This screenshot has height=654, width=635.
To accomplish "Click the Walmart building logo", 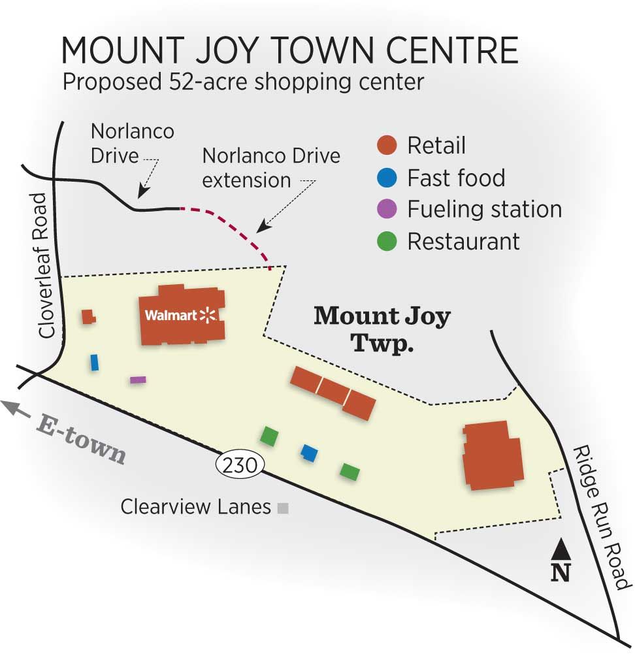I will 181,316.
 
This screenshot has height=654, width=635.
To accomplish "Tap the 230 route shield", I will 239,465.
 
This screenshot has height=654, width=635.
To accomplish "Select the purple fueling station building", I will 137,380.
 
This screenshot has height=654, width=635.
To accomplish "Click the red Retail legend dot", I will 387,145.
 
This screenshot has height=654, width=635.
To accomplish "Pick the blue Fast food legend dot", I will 387,177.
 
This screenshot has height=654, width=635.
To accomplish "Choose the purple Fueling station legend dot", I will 387,209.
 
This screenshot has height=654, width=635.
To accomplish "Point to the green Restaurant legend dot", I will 387,241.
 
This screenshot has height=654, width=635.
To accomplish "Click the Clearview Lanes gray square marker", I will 282,507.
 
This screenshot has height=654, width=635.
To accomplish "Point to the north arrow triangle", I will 561,549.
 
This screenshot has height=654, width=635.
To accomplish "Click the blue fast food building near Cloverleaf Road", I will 95,363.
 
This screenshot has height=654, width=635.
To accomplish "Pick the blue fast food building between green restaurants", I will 309,453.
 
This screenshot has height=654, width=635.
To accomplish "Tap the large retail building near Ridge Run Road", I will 493,455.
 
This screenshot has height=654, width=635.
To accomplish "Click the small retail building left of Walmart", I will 88,317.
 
